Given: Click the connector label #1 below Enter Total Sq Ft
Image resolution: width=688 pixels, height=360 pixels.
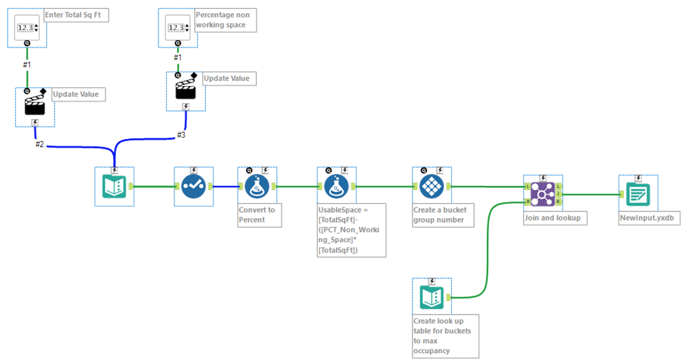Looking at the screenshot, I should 27,64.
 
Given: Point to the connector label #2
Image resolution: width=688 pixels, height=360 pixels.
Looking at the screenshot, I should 41,144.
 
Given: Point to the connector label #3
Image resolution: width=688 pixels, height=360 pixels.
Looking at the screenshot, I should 181,135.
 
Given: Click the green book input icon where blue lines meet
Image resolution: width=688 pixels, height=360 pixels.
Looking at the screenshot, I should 114,186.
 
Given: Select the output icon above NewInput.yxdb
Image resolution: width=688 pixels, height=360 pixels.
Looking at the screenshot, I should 638,193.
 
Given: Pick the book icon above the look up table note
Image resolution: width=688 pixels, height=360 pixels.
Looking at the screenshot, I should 431,297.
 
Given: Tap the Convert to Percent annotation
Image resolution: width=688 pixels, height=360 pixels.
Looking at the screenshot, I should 257,214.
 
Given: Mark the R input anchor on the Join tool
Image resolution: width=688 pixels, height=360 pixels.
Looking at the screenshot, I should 528,202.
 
